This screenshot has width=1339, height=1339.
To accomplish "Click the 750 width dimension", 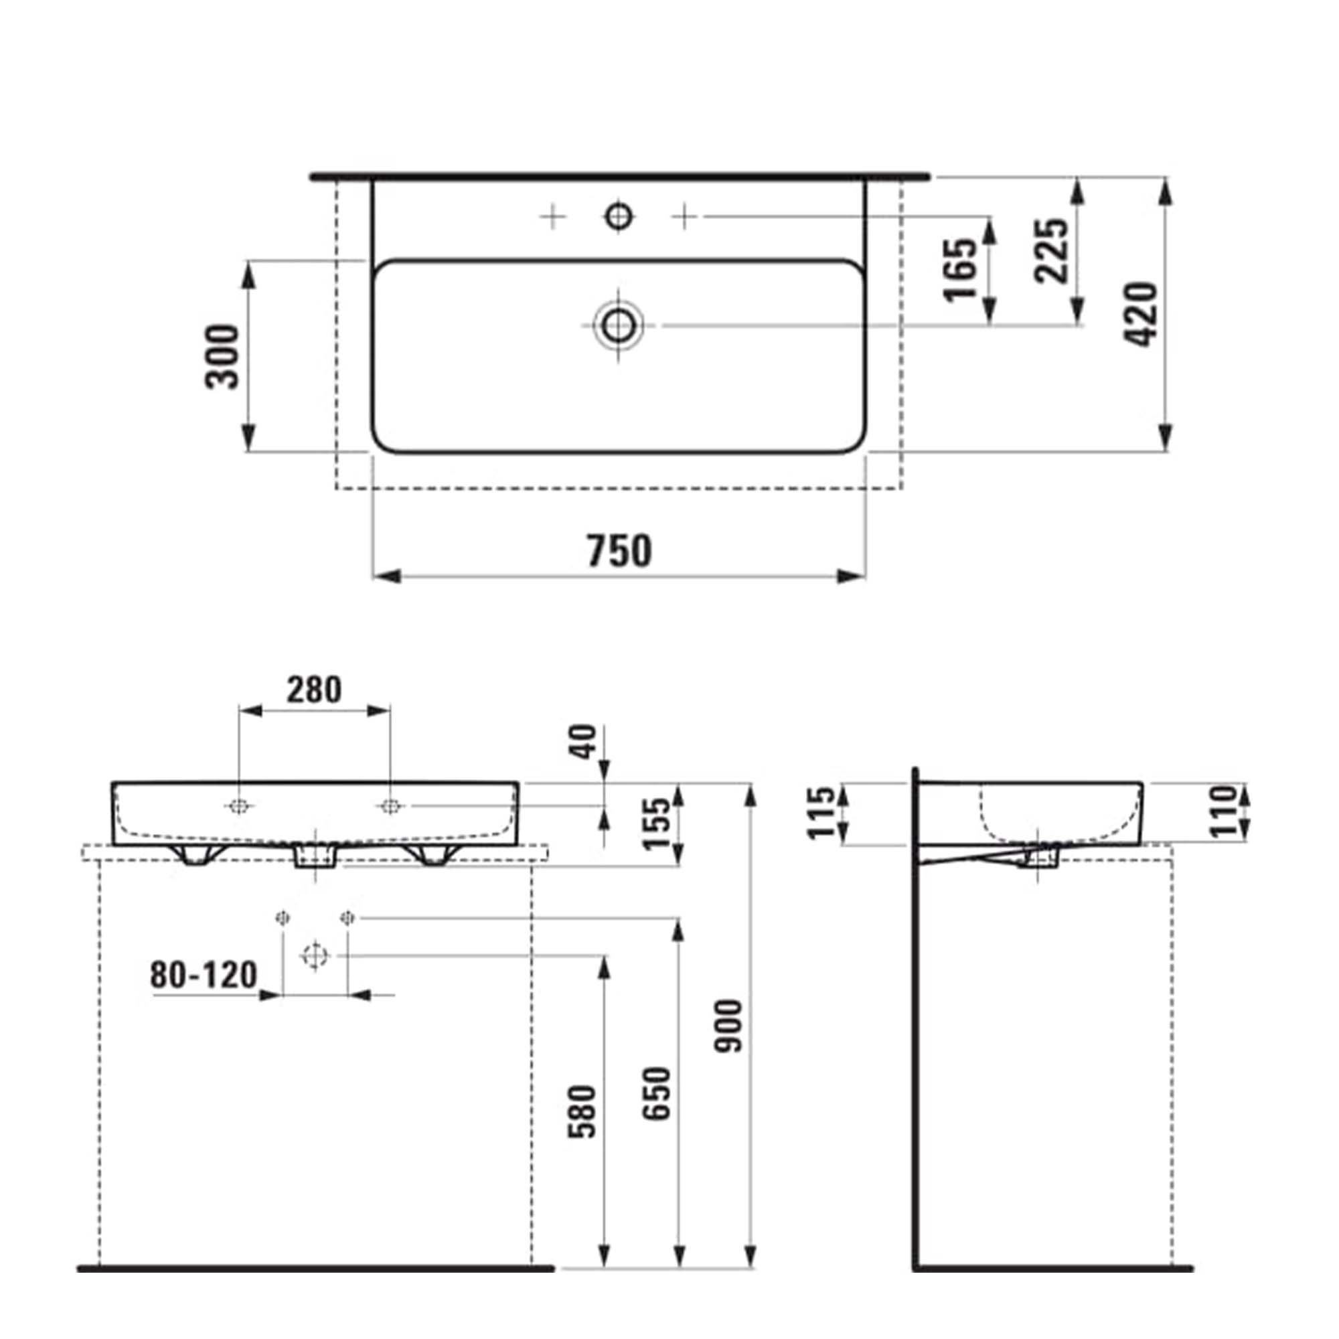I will pyautogui.click(x=619, y=550).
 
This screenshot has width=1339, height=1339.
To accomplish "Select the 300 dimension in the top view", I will pyautogui.click(x=223, y=356).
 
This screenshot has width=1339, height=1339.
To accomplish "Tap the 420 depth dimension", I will pyautogui.click(x=1139, y=314).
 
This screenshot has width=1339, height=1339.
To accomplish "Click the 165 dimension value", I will pyautogui.click(x=961, y=270).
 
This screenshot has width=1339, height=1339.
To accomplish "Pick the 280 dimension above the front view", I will pyautogui.click(x=315, y=690).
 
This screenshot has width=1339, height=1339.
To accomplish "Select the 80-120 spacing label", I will pyautogui.click(x=203, y=976).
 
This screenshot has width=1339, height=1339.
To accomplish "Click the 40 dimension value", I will pyautogui.click(x=584, y=742).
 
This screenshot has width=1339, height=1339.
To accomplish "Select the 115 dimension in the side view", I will pyautogui.click(x=823, y=812).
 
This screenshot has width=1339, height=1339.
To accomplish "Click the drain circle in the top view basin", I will pyautogui.click(x=617, y=325).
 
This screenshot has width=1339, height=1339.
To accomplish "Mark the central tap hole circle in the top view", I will pyautogui.click(x=618, y=217).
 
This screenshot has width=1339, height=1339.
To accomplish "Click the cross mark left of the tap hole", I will pyautogui.click(x=552, y=217).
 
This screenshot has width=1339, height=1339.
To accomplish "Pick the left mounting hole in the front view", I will pyautogui.click(x=239, y=806).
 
